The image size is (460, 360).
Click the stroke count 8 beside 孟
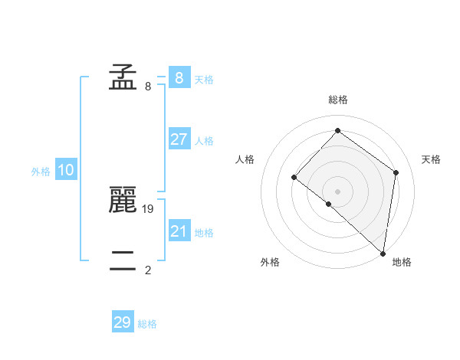(148, 87)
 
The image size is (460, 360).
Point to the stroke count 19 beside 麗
(149, 208)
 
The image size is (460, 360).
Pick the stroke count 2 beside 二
(148, 270)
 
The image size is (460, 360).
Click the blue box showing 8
(179, 77)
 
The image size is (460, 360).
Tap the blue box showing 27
(179, 139)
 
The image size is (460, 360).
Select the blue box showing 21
(179, 231)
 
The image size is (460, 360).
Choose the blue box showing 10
(66, 170)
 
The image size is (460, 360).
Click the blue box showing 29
(123, 322)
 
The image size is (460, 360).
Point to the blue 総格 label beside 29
(147, 324)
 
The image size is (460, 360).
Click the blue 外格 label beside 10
(41, 172)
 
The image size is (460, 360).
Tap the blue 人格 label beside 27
(205, 141)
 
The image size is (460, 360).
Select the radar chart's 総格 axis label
(337, 100)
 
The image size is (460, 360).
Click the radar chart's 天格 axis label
(432, 159)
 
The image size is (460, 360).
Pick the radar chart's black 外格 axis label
(270, 262)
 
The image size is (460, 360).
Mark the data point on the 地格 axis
(383, 253)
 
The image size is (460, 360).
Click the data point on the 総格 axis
(337, 131)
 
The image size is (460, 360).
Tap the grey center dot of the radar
(337, 191)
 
